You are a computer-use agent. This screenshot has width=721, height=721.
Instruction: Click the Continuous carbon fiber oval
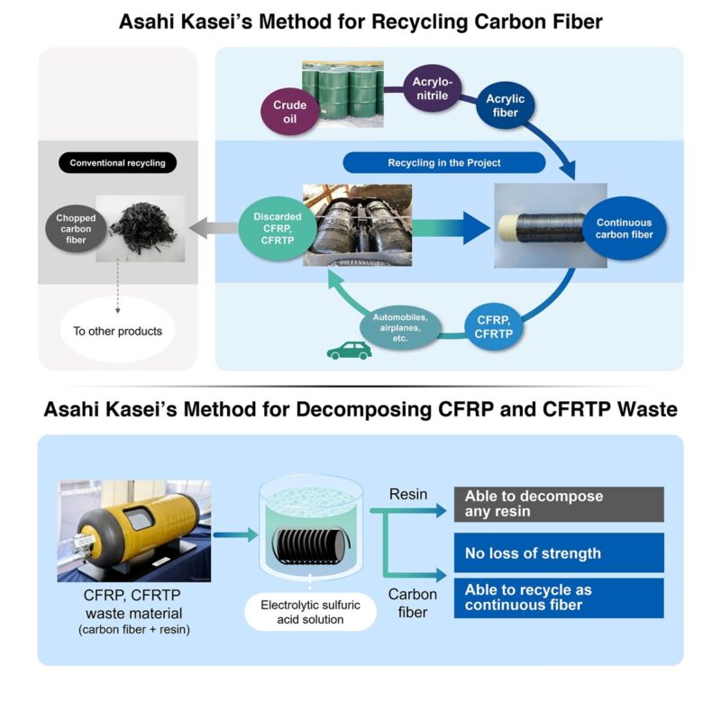(623, 230)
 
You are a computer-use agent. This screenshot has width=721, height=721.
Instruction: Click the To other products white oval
(118, 331)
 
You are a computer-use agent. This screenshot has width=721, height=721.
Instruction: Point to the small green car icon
(348, 351)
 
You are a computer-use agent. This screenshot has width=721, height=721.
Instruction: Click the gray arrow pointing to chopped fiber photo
(213, 227)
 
